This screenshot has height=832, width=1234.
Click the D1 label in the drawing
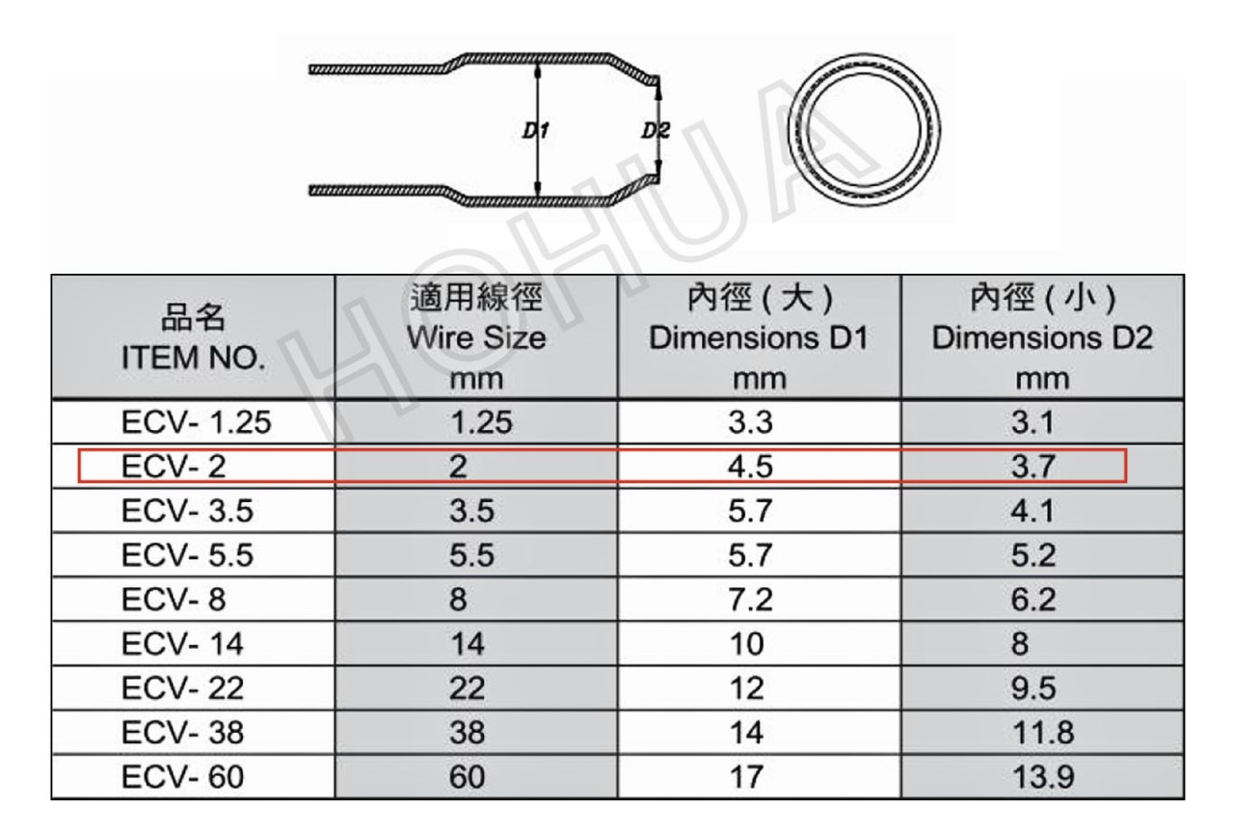click(x=535, y=130)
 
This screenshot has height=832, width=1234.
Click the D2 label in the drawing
click(x=656, y=130)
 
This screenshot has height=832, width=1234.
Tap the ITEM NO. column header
click(x=194, y=358)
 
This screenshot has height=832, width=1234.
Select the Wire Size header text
click(x=476, y=337)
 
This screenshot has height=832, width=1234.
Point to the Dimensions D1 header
click(x=759, y=337)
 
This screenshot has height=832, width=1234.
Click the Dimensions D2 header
click(x=1042, y=337)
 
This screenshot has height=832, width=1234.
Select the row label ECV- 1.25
click(x=196, y=422)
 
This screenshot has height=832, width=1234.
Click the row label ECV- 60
click(x=182, y=777)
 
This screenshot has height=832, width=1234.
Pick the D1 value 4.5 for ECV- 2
click(x=750, y=467)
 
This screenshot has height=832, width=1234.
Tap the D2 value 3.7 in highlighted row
click(x=1033, y=467)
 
